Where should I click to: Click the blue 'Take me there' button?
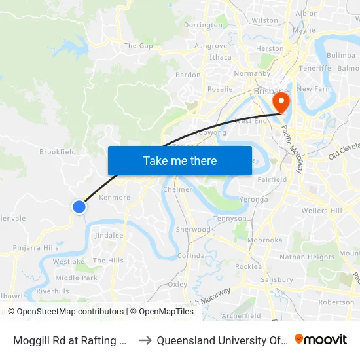[180, 160]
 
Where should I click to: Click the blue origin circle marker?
[79, 207]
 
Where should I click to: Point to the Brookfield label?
[58, 152]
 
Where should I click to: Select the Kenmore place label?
[114, 197]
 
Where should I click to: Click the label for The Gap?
[138, 46]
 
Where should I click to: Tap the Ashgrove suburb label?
[211, 46]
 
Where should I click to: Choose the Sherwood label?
[192, 230]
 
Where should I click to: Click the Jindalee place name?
[109, 235]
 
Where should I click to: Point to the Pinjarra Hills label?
[36, 248]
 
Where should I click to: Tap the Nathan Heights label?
[307, 257]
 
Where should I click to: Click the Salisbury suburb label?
[276, 279]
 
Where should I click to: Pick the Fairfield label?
[272, 179]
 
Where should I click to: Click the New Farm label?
[312, 89]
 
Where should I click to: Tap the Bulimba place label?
[340, 56]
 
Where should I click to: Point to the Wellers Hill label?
[321, 211]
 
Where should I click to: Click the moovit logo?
[321, 340]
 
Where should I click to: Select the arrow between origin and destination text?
[146, 340]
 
